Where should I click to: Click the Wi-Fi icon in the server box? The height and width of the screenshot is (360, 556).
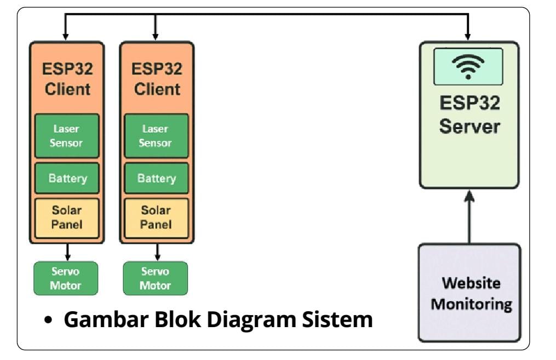pyautogui.click(x=468, y=66)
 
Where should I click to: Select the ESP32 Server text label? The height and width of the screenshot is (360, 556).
pyautogui.click(x=469, y=115)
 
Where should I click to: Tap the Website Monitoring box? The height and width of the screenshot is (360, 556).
pyautogui.click(x=469, y=293)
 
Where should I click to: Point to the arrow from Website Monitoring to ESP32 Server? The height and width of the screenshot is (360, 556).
pyautogui.click(x=469, y=216)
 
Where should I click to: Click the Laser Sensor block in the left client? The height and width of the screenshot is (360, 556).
pyautogui.click(x=66, y=136)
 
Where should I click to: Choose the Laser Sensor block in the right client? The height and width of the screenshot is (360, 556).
pyautogui.click(x=156, y=136)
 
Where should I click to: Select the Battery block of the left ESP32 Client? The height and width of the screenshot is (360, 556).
pyautogui.click(x=67, y=178)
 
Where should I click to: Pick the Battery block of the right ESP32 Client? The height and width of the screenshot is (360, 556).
pyautogui.click(x=156, y=178)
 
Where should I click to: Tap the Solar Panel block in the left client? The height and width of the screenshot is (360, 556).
pyautogui.click(x=67, y=218)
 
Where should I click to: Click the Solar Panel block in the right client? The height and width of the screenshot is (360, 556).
pyautogui.click(x=156, y=218)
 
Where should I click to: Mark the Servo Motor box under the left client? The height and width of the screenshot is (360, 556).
pyautogui.click(x=66, y=278)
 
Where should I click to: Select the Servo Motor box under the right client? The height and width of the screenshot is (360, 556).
pyautogui.click(x=155, y=278)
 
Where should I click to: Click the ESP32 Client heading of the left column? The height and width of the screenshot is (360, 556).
pyautogui.click(x=67, y=79)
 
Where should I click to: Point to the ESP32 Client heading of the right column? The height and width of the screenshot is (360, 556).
pyautogui.click(x=157, y=79)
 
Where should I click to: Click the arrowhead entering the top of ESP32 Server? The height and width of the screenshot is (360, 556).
pyautogui.click(x=468, y=36)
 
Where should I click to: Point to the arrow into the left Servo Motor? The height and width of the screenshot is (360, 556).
pyautogui.click(x=67, y=253)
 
